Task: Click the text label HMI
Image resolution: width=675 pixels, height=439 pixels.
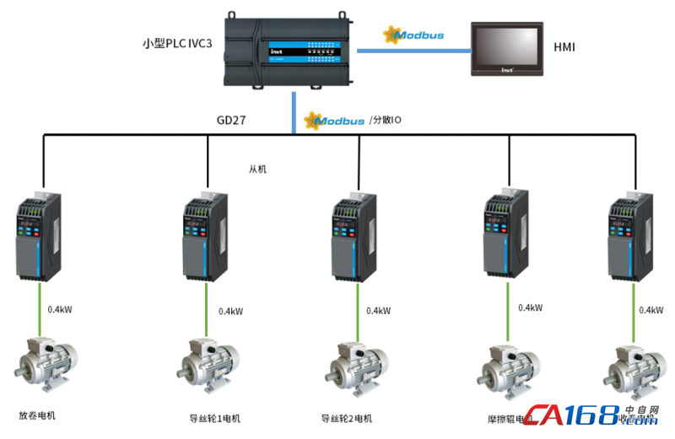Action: click(564, 47)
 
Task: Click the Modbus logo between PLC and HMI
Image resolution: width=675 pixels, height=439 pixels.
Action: click(413, 35)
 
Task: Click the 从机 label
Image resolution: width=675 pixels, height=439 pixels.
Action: click(257, 169)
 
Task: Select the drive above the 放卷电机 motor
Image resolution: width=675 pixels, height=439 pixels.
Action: click(39, 235)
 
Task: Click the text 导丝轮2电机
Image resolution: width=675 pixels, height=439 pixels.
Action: click(345, 418)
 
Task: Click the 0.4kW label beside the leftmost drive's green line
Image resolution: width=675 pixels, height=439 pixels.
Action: click(60, 309)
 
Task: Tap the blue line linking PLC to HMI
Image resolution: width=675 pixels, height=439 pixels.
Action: click(413, 51)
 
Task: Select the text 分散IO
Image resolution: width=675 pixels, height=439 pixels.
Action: click(386, 121)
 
